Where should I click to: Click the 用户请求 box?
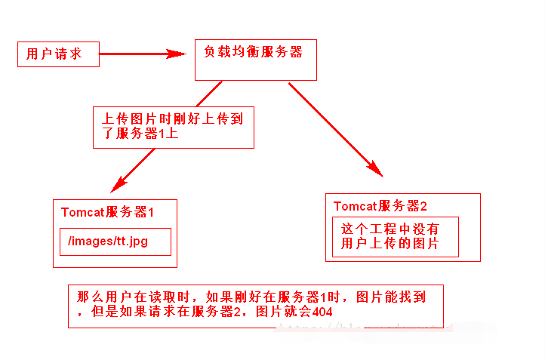(x=58, y=54)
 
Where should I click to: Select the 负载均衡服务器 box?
(x=255, y=60)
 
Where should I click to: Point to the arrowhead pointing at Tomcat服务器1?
(x=116, y=185)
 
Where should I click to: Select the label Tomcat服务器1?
(x=108, y=213)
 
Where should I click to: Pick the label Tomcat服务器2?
(x=380, y=206)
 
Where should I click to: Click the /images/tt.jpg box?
(x=115, y=242)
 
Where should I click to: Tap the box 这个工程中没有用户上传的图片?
(x=395, y=236)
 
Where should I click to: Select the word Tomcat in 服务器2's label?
(x=356, y=206)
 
